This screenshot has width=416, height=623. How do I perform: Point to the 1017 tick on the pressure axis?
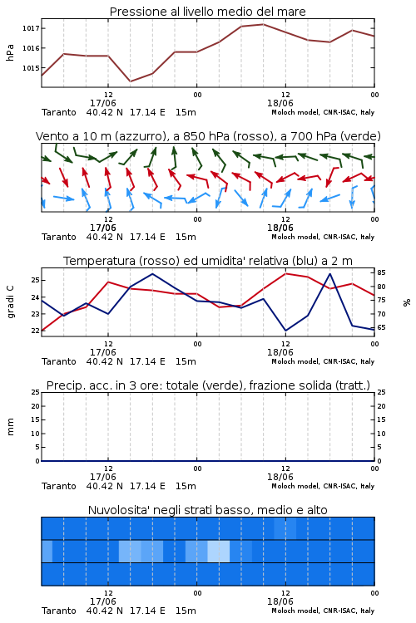click(31, 28)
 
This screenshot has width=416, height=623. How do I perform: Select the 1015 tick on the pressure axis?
click(31, 68)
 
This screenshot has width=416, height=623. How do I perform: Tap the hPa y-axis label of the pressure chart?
click(10, 52)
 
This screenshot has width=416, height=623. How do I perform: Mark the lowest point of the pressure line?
click(130, 81)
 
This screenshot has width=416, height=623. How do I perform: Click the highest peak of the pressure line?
click(263, 24)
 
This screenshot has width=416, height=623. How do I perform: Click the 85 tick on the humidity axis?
click(381, 272)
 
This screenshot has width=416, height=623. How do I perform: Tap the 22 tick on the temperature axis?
click(36, 331)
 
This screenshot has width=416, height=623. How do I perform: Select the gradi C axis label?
click(10, 302)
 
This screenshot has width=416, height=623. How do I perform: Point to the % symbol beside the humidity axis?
click(407, 302)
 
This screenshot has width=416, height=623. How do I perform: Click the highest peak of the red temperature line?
click(285, 273)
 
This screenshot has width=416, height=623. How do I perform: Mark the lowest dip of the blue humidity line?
click(285, 331)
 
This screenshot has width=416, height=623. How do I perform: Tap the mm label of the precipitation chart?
click(10, 427)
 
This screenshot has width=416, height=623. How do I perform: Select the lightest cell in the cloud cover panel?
click(219, 551)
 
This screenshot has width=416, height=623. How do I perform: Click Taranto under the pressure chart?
click(59, 112)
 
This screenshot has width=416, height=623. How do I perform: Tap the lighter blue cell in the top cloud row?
click(285, 528)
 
